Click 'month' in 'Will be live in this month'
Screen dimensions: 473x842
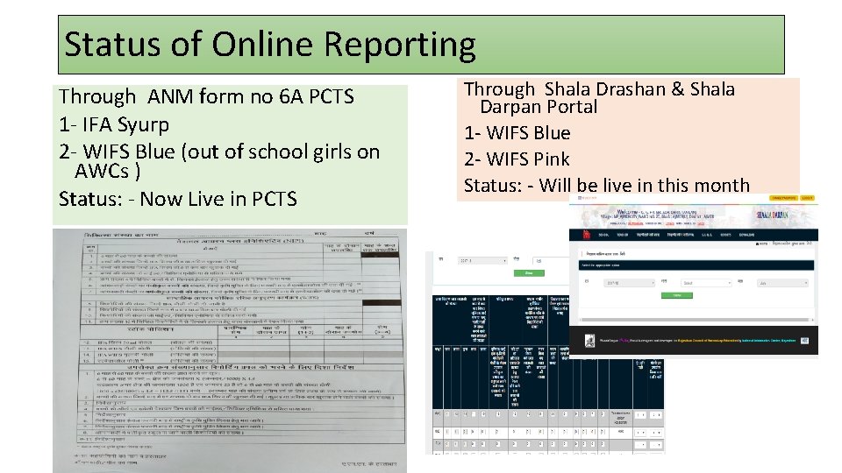[x=720, y=186]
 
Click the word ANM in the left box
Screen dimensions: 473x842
[x=170, y=96]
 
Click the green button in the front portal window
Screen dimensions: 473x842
[x=678, y=295]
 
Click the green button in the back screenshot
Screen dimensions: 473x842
[x=529, y=273]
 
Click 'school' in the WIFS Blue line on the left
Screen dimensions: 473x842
[x=255, y=152]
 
